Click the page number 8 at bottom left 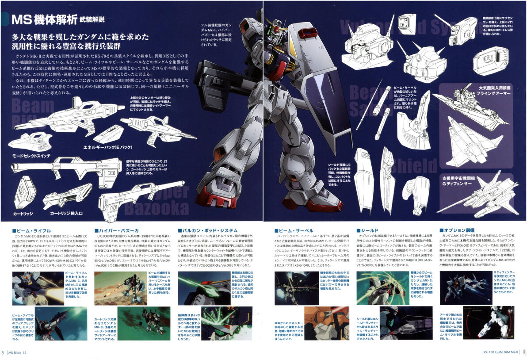(x=3, y=352)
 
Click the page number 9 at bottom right (x=523, y=352)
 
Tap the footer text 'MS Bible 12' (x=21, y=352)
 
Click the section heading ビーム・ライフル (x=31, y=230)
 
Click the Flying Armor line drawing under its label (x=469, y=124)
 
